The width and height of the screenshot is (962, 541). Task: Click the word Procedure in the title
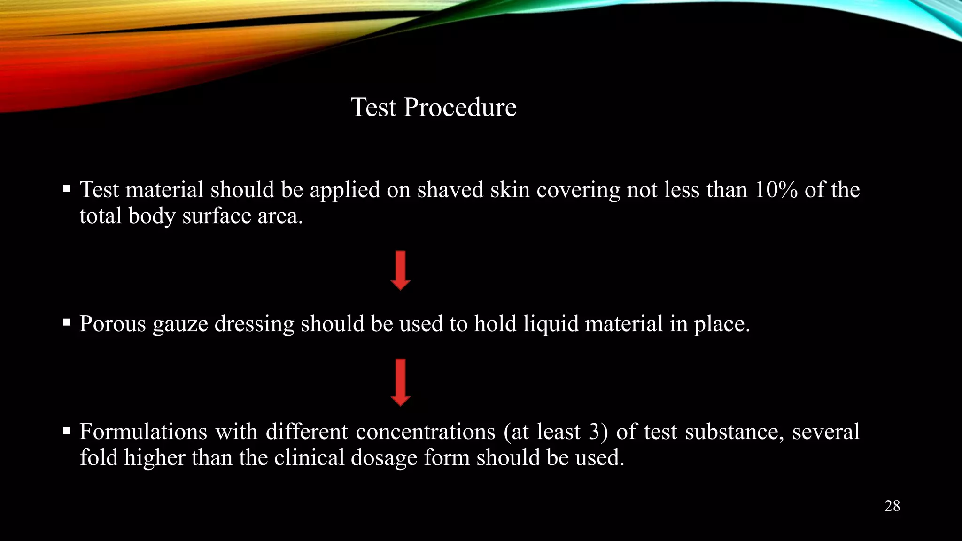pos(460,108)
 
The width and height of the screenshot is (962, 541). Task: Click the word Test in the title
pos(373,108)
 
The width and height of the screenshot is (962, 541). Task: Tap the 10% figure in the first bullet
pos(776,190)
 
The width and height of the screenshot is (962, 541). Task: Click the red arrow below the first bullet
pos(400,270)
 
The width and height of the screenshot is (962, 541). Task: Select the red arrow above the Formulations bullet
pos(400,382)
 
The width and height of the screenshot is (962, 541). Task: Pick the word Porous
pos(113,324)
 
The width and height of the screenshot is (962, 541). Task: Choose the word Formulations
pos(143,432)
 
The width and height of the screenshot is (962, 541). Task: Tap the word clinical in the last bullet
pos(310,458)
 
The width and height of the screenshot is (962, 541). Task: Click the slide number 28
pos(892,506)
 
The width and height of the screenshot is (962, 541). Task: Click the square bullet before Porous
pos(67,323)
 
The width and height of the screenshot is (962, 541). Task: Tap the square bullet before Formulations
pos(67,430)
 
